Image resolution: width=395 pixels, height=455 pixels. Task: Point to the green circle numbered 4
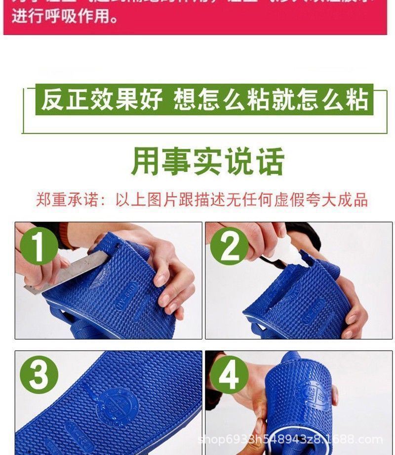coord(229,376)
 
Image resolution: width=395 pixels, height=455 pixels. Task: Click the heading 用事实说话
coord(207,161)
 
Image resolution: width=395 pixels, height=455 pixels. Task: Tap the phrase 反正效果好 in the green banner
coord(102,100)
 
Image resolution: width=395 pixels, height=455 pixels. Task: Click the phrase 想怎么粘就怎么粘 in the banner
coord(271,100)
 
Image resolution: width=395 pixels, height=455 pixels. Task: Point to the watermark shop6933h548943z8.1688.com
coord(290,439)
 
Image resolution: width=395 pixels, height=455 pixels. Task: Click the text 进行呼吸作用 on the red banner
coord(65,18)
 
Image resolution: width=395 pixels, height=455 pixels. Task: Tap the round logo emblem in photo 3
coord(118,404)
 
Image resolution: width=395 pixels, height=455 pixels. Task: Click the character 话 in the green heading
coord(270,161)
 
